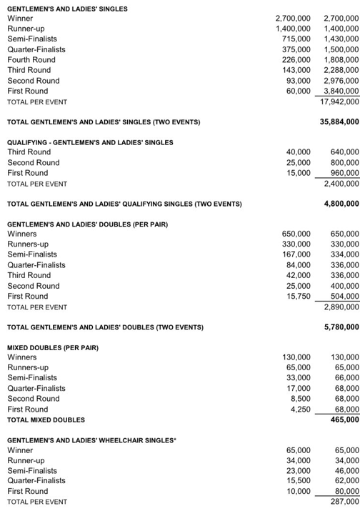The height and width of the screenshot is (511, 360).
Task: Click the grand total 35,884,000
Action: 340,121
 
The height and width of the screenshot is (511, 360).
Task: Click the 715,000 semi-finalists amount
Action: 296,39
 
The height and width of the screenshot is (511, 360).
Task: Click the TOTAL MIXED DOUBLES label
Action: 46,420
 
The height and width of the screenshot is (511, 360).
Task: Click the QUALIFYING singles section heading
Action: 89,142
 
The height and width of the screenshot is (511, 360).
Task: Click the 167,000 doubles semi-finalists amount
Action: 296,254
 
